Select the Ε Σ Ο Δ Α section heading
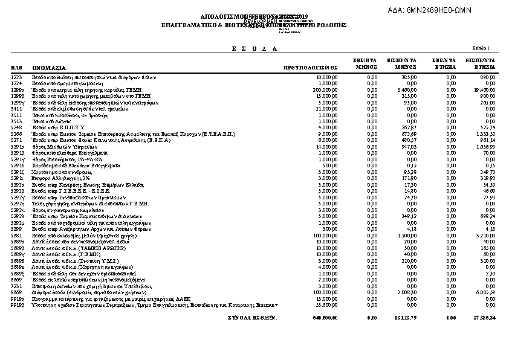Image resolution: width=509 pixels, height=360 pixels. click(x=254, y=48)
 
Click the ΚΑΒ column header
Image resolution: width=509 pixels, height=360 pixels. click(x=16, y=67)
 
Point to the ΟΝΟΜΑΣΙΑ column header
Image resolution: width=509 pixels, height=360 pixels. click(x=49, y=68)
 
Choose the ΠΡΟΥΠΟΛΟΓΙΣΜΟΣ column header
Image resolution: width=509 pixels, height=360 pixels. click(x=310, y=68)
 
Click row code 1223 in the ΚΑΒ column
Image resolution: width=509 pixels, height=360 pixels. click(x=16, y=78)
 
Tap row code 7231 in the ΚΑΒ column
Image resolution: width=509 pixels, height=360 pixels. click(x=16, y=286)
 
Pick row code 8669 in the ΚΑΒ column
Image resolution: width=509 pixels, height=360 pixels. click(x=16, y=291)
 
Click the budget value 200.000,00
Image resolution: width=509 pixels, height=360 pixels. click(x=325, y=88)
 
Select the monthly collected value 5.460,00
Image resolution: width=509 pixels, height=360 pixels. click(x=407, y=88)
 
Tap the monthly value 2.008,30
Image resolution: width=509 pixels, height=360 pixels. click(x=407, y=291)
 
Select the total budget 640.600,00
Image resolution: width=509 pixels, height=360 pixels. click(x=325, y=317)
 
